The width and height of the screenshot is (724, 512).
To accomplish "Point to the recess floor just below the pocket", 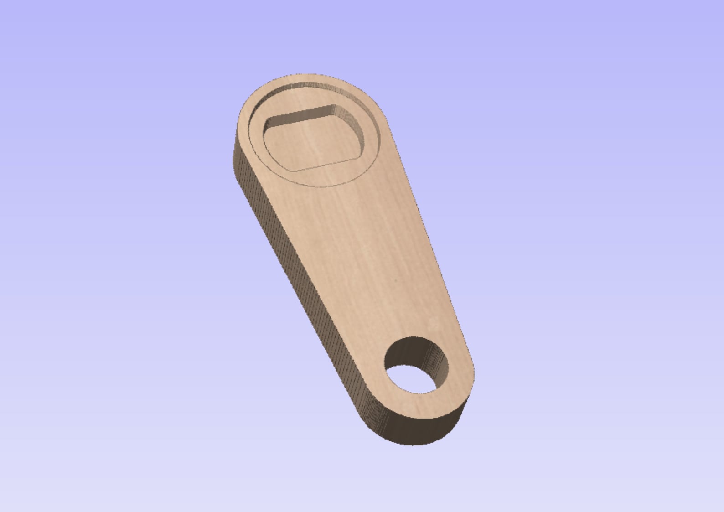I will pyautogui.click(x=319, y=176).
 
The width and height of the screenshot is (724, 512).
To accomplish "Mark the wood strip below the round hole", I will pyautogui.click(x=417, y=403).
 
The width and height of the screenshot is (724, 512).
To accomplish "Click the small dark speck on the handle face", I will pyautogui.click(x=396, y=280).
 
